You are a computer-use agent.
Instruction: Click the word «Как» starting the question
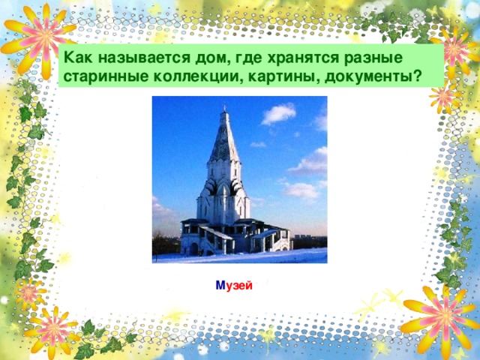[x=77, y=58]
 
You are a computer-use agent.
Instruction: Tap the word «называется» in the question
[x=135, y=58]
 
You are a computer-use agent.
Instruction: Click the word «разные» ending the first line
[x=368, y=58]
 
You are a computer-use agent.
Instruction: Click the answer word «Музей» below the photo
[x=233, y=287]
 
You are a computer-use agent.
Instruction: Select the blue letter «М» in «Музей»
[x=219, y=287]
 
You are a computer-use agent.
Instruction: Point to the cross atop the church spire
[x=223, y=109]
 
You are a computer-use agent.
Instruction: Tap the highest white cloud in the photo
[x=278, y=113]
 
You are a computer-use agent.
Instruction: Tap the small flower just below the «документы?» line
[x=443, y=97]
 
